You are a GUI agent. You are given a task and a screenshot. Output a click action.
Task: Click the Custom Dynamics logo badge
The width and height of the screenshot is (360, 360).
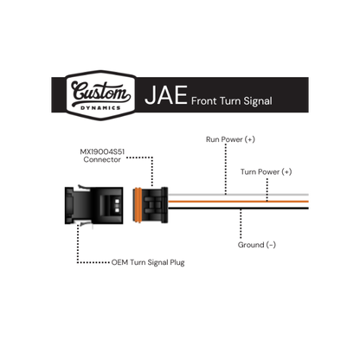click(100, 95)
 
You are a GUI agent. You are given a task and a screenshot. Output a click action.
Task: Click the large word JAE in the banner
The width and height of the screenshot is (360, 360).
click(166, 95)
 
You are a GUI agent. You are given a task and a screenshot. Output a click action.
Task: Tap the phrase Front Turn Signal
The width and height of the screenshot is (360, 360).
click(232, 101)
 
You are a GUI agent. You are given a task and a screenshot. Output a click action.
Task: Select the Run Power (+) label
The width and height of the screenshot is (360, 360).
click(230, 139)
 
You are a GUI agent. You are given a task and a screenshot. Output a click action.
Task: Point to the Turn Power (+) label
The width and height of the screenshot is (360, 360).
click(266, 172)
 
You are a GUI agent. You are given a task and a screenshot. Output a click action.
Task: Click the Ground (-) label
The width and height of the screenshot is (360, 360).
click(257, 245)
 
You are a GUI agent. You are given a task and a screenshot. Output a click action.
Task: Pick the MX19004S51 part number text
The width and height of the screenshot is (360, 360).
click(102, 151)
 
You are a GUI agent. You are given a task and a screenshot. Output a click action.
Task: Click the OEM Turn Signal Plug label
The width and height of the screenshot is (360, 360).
click(148, 262)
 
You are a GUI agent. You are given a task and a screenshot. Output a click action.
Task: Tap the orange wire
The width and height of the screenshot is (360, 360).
click(238, 202)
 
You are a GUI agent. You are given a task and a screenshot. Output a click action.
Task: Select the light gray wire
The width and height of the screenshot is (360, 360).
click(238, 195)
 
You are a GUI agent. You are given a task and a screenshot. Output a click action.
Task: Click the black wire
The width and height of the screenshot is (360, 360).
click(238, 208)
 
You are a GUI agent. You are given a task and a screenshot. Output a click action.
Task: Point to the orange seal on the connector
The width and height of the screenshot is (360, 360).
click(138, 205)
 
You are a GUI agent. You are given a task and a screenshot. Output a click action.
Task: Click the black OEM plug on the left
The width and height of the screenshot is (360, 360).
click(93, 205)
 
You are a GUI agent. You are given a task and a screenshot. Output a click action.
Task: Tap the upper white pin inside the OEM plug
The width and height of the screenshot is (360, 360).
click(117, 201)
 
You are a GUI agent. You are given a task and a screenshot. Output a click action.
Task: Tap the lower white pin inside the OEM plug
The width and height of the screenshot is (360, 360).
click(117, 210)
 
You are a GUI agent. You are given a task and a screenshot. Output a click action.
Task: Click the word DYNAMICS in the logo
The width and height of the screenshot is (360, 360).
click(100, 108)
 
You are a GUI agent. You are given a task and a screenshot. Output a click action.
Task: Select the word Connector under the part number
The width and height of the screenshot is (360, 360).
click(102, 159)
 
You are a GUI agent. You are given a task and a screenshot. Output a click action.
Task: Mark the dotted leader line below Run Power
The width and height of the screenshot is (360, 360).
click(226, 170)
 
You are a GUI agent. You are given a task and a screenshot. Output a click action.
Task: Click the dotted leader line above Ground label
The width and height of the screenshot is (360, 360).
click(241, 224)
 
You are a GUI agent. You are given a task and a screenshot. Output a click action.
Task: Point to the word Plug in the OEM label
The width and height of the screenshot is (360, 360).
click(177, 263)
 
